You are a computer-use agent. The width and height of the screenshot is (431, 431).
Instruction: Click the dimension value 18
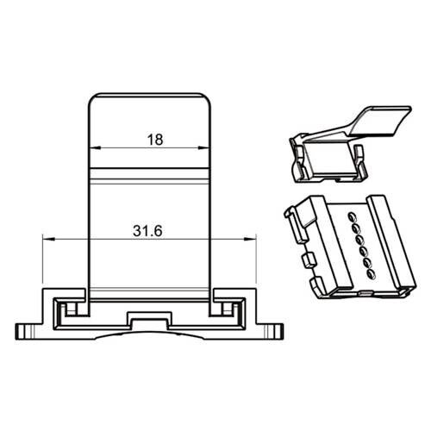click(155, 140)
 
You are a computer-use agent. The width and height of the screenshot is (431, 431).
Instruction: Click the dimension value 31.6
click(147, 231)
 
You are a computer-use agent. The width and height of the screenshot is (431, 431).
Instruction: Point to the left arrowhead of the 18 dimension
click(95, 148)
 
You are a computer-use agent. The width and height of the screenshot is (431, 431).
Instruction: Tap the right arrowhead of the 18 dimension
click(204, 148)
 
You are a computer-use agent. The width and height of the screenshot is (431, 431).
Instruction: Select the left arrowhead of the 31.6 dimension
click(48, 239)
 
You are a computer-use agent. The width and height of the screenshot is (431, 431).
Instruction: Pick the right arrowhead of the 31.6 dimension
click(250, 239)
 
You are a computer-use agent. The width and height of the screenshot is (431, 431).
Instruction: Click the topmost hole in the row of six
click(352, 215)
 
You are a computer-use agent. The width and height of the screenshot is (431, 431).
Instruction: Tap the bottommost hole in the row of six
click(372, 274)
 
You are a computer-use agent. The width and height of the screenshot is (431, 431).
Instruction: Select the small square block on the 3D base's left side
click(309, 259)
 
